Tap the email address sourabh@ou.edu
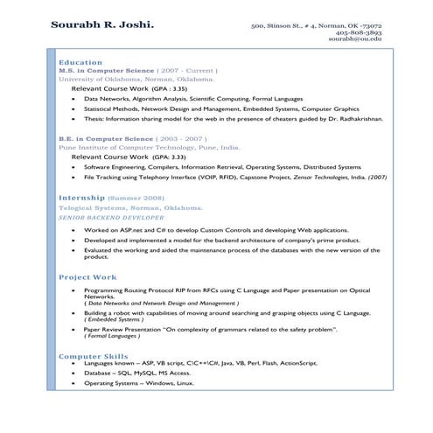355,40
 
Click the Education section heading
80,62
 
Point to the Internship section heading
83,199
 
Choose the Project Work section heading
87,277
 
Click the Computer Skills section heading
94,357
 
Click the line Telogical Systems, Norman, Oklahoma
130,208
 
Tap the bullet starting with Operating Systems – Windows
139,383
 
